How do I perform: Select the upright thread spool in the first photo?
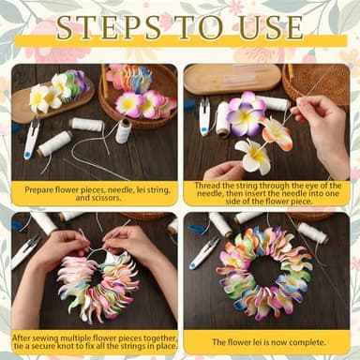(x=123, y=129)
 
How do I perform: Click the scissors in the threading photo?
(x=205, y=116)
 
